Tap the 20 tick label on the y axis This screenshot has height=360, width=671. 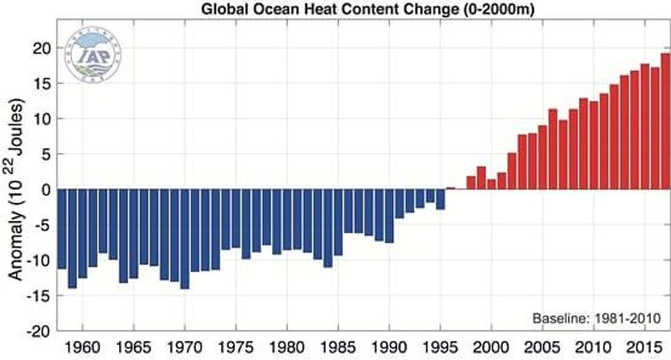tap(41, 48)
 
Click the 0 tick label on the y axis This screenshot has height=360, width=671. tap(46, 190)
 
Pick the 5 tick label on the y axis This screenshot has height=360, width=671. tap(46, 154)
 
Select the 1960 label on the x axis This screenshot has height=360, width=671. tap(82, 345)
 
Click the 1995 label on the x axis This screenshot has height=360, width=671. tap(440, 345)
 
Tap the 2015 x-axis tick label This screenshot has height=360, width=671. tap(644, 345)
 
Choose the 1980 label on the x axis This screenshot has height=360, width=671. tap(286, 345)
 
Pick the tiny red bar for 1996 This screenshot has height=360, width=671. tap(451, 188)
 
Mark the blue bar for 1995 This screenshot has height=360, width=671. tap(440, 199)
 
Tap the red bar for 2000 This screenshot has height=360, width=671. tap(491, 184)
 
